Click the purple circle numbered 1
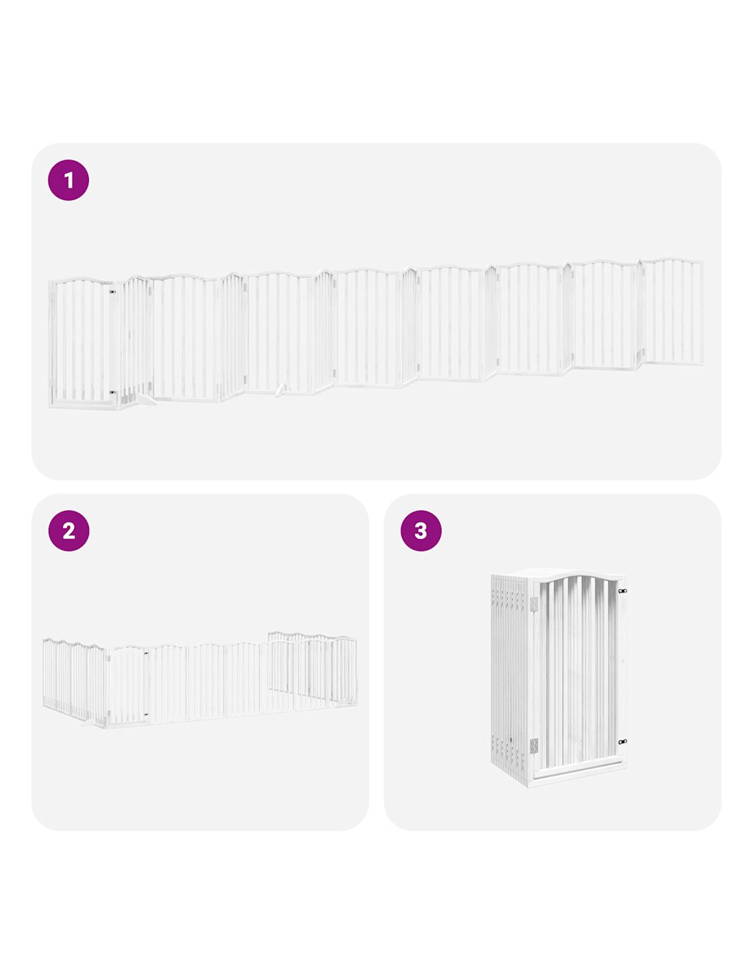tap(68, 180)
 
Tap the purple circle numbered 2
tap(68, 531)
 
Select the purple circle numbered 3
tap(420, 531)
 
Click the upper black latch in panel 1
tap(112, 292)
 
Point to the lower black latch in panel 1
tap(112, 392)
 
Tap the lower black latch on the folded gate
tap(622, 742)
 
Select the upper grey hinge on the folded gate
tap(533, 603)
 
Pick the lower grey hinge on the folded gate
tap(533, 746)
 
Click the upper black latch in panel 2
tap(146, 653)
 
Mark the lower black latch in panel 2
tap(146, 714)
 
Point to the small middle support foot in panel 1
tap(281, 390)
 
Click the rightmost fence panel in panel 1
tap(672, 312)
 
